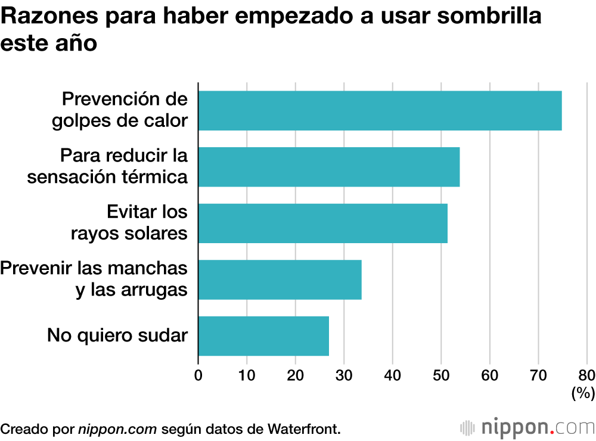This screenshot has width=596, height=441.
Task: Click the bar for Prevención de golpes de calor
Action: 380,110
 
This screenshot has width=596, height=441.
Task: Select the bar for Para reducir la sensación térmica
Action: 328,167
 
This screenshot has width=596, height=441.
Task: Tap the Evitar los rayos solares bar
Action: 322,223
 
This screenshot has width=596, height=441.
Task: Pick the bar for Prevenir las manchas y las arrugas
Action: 280,279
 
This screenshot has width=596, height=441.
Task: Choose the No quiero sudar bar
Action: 263,336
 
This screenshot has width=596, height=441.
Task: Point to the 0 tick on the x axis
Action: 198,375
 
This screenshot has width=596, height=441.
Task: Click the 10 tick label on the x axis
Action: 247,375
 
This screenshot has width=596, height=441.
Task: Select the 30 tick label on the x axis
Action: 344,375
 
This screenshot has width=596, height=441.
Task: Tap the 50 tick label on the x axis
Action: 441,375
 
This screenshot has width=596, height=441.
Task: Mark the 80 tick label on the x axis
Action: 586,375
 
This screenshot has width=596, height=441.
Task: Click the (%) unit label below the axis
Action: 583,393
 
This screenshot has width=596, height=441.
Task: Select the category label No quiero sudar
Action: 117,336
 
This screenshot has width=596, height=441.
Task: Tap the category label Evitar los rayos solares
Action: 129,222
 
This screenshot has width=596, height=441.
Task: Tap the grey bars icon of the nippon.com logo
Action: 468,427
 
